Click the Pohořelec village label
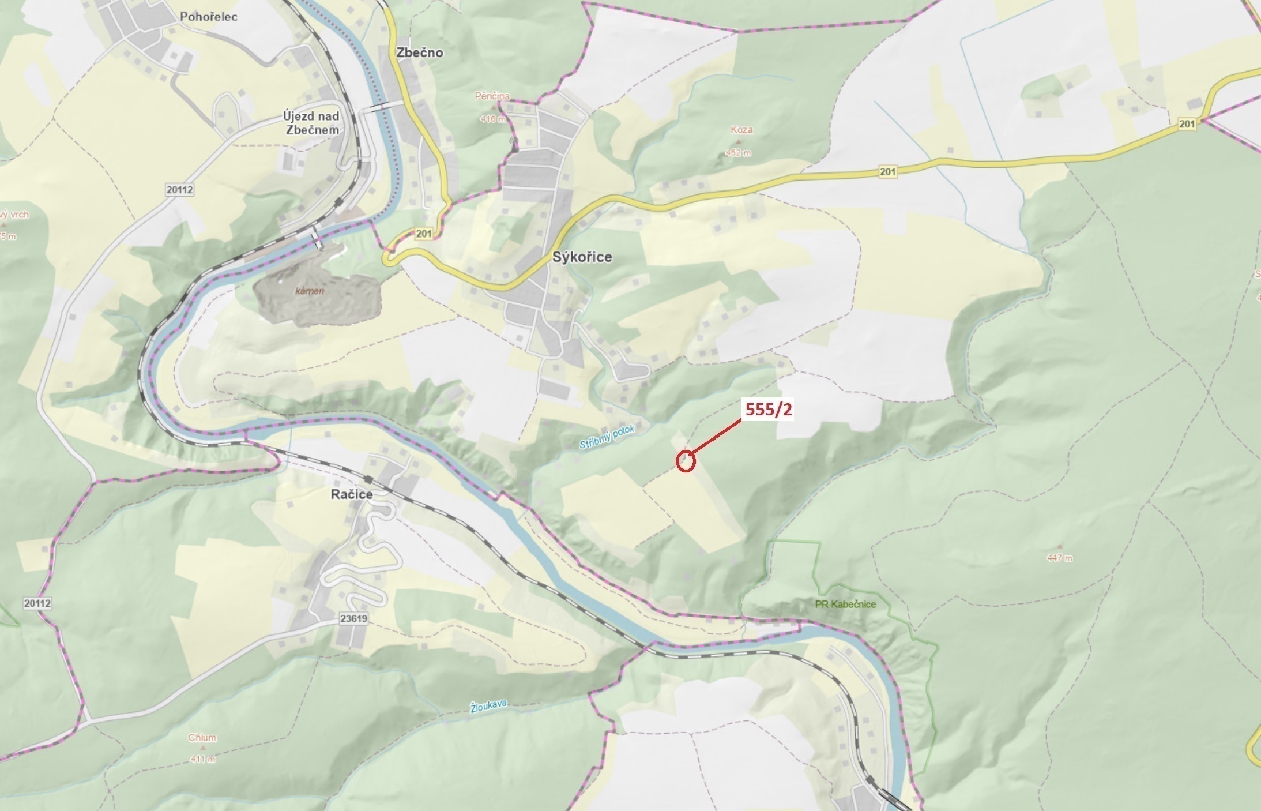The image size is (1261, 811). coord(208,17)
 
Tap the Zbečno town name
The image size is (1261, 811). coord(420,52)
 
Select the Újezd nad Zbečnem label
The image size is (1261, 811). coord(311,123)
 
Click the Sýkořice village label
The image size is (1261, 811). coord(582,257)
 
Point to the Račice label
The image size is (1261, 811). coord(352,494)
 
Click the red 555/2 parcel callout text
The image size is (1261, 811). coord(769,410)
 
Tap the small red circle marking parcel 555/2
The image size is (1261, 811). coord(685,461)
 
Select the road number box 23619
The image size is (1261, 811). coord(353,618)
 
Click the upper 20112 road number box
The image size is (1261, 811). coord(179,190)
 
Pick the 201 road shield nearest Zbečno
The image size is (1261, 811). coord(424,234)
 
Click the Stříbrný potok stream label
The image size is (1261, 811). coord(607,437)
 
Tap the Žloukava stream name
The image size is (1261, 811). coord(488,706)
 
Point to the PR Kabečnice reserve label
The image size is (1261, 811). coord(845,604)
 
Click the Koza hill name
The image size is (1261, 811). coord(741,130)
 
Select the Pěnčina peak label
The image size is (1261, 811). coord(492,96)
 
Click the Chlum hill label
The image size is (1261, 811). coord(202,738)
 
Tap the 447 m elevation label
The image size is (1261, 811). coord(1060,558)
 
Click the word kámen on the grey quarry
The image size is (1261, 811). coord(310,291)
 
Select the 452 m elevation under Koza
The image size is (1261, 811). coord(739,153)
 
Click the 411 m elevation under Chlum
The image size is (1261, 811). coord(202,759)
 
